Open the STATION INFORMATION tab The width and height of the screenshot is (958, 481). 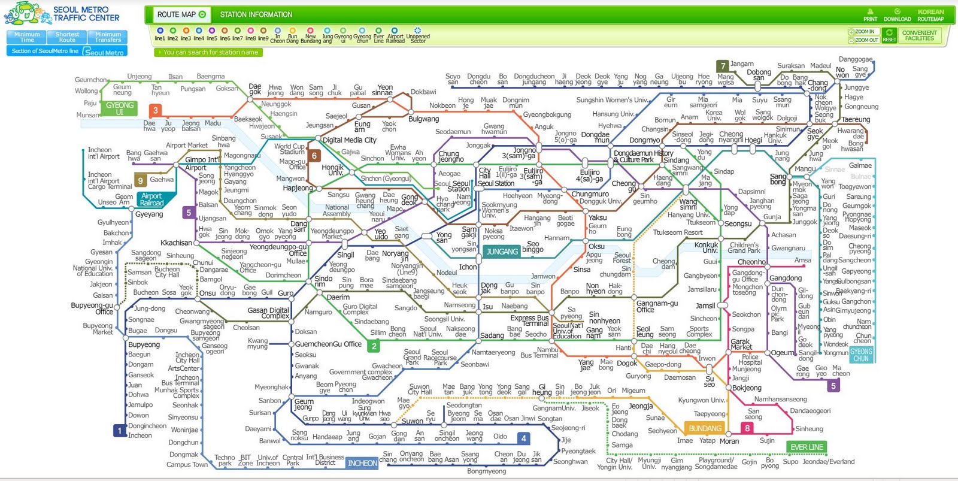tap(256, 14)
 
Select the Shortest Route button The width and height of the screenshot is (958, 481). tap(67, 37)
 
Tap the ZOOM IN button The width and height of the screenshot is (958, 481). tap(863, 32)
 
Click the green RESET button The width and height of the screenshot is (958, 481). tap(889, 36)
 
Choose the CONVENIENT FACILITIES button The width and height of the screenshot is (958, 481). tap(919, 36)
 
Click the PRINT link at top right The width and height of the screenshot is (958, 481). tap(871, 16)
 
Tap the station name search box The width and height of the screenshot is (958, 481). tap(208, 53)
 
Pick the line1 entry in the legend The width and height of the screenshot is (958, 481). tap(160, 34)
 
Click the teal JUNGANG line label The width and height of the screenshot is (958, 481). tap(502, 252)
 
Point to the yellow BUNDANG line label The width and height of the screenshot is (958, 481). tap(705, 429)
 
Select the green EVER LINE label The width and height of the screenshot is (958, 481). tap(807, 447)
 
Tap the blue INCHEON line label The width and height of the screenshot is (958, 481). tap(362, 463)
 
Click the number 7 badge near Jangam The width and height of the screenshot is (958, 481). tap(723, 66)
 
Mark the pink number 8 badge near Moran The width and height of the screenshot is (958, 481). tap(747, 428)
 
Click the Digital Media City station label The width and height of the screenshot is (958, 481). tap(349, 140)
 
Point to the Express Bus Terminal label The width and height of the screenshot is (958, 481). tap(529, 320)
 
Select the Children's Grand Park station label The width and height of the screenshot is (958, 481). tap(744, 247)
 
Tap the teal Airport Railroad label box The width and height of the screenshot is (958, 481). tap(151, 199)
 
